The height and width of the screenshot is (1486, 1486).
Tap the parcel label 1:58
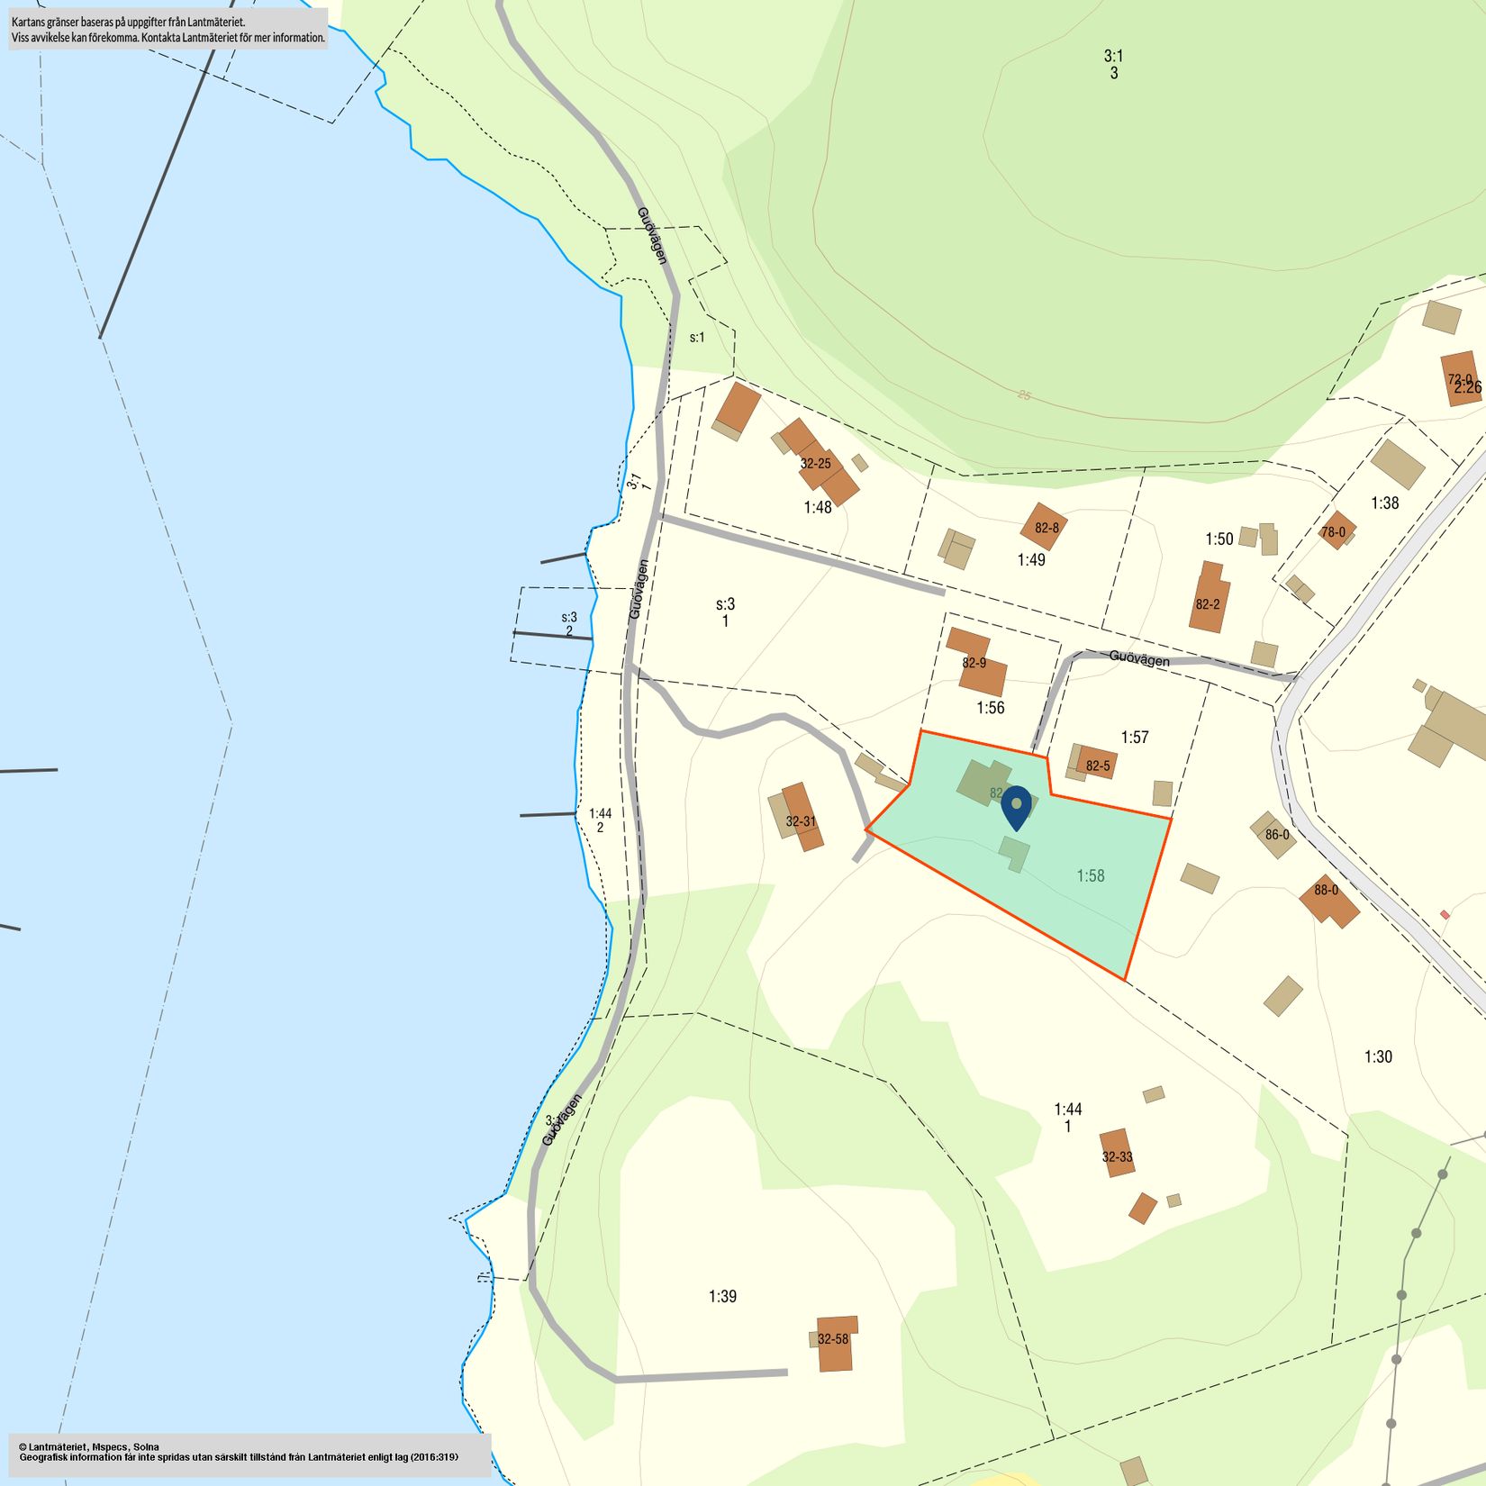click(1090, 875)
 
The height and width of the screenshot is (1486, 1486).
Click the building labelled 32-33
click(1117, 1155)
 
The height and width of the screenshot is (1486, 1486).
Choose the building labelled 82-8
click(1046, 527)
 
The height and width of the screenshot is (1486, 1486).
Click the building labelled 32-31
click(802, 817)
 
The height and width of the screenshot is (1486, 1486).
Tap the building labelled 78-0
click(1336, 531)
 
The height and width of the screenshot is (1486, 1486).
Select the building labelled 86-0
click(1274, 834)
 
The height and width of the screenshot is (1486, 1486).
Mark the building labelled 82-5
click(1096, 764)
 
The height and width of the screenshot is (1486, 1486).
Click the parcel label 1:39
click(722, 1296)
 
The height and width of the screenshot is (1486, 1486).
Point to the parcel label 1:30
click(1378, 1056)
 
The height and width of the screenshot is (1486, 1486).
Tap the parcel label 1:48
click(818, 507)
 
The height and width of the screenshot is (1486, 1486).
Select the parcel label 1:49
click(1031, 560)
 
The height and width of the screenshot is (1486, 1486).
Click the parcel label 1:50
click(1219, 539)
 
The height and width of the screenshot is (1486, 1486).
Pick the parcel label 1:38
click(1385, 503)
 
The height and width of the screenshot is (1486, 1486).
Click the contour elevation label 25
click(1024, 394)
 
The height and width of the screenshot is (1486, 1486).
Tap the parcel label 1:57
click(1135, 737)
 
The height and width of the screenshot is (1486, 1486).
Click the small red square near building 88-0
click(1445, 914)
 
